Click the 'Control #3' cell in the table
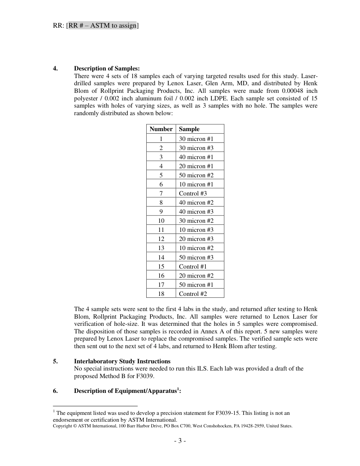pos(193,194)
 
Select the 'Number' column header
pos(161,129)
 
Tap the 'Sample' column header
pos(189,129)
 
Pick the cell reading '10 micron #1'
pos(196,185)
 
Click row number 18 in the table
pos(161,294)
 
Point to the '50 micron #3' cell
pos(196,258)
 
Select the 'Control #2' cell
pos(193,294)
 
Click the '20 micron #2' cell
pos(196,276)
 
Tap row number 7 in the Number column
pos(161,194)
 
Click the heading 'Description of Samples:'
pos(107,69)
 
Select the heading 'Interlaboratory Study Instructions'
pos(122,361)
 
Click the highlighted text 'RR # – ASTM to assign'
pos(102,26)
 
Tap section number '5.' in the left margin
pos(55,361)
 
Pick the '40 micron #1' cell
pos(196,157)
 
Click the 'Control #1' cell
pos(193,267)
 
